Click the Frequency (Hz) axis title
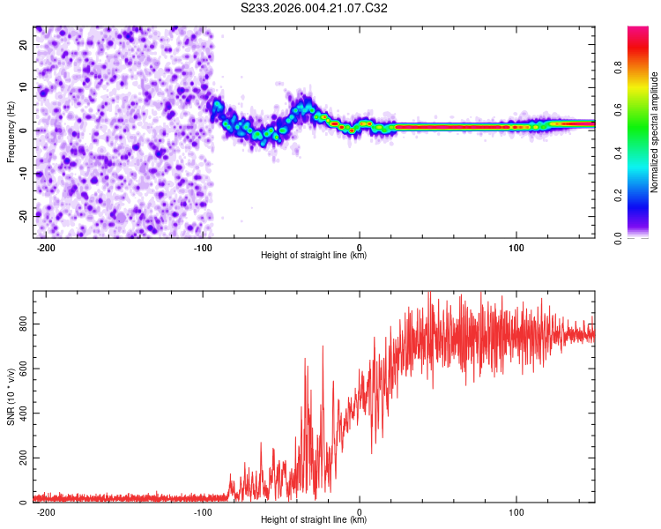click(11, 132)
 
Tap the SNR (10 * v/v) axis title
click(11, 398)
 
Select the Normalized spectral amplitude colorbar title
click(655, 132)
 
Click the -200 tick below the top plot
click(46, 246)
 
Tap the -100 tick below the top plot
click(203, 246)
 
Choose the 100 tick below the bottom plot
click(516, 510)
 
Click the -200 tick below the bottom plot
click(46, 510)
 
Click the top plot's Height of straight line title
click(315, 256)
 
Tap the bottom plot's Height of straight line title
click(315, 520)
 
